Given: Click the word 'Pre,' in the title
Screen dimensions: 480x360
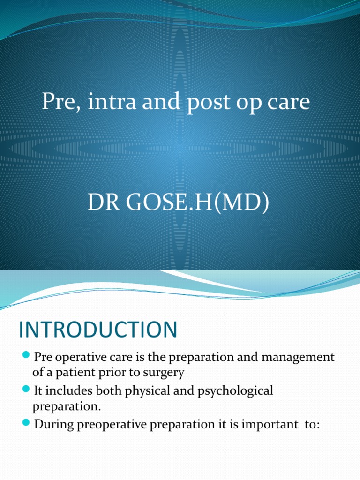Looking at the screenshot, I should [59, 102].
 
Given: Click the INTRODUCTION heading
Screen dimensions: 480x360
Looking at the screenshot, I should [98, 330].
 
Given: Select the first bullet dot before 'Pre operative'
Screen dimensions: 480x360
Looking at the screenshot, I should [26, 356].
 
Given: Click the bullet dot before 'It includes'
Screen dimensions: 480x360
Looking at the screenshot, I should [26, 389].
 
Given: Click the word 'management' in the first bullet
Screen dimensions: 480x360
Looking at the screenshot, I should [298, 357].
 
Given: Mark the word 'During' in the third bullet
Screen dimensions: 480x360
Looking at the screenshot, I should [52, 424].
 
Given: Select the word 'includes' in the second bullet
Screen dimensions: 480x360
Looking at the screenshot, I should [68, 390].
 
